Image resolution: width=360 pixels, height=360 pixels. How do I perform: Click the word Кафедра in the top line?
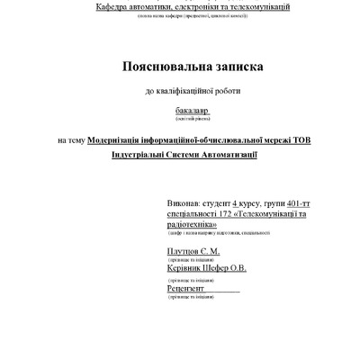pyautogui.click(x=125, y=6)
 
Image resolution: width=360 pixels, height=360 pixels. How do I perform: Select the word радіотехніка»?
pyautogui.click(x=194, y=227)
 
